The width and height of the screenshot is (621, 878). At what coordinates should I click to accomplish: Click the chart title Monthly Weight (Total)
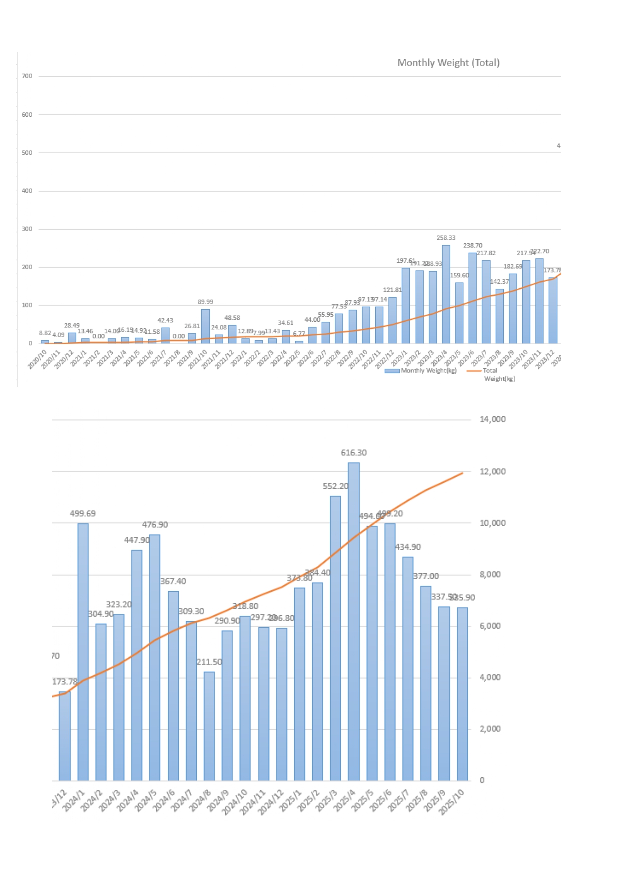[x=448, y=63]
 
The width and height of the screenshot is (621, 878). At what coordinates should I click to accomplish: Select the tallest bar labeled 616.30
[x=353, y=620]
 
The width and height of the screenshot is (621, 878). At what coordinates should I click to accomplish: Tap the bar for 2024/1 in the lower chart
[x=83, y=650]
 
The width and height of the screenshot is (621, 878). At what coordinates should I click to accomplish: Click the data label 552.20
[x=335, y=486]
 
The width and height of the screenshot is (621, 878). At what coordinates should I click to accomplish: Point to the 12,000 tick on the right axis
[x=492, y=471]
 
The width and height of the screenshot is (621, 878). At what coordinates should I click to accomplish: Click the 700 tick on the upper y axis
[x=27, y=76]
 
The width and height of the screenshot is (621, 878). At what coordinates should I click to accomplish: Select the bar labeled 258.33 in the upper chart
[x=446, y=295]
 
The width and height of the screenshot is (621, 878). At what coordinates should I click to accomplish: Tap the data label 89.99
[x=205, y=302]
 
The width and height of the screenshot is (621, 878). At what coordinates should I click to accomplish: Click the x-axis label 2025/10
[x=452, y=802]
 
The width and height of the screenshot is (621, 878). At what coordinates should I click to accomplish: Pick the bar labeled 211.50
[x=209, y=725]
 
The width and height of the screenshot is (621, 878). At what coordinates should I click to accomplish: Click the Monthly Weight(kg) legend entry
[x=421, y=371]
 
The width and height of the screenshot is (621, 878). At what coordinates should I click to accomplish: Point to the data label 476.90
[x=155, y=525]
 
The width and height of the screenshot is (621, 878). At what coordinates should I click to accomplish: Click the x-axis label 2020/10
[x=37, y=360]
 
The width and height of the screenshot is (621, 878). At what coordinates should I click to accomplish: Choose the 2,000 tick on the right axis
[x=490, y=729]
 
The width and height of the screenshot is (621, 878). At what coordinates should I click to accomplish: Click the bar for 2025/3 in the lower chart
[x=335, y=638]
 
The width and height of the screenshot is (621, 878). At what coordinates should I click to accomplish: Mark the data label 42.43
[x=165, y=320]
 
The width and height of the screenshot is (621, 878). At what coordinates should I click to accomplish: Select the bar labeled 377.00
[x=425, y=683]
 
